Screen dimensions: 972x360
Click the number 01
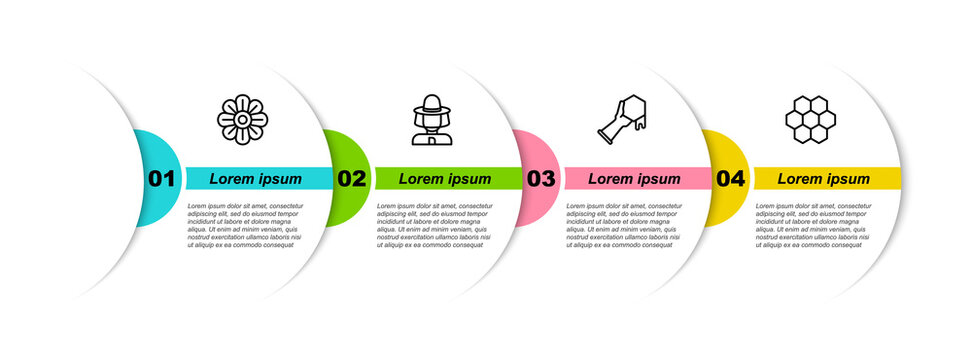coord(161,179)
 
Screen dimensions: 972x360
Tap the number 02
coord(351,179)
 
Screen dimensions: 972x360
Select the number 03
coord(540,179)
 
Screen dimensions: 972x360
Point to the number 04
coord(730,179)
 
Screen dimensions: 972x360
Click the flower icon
coord(242,119)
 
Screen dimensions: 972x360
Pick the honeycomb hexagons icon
coord(810,119)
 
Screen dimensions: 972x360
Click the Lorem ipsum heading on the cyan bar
coord(255,179)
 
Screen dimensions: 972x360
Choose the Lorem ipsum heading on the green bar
coord(445,179)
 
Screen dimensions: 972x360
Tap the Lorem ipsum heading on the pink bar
coord(634,179)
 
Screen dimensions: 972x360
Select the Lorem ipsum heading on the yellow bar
coord(824,179)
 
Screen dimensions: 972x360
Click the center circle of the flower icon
coord(242,119)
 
